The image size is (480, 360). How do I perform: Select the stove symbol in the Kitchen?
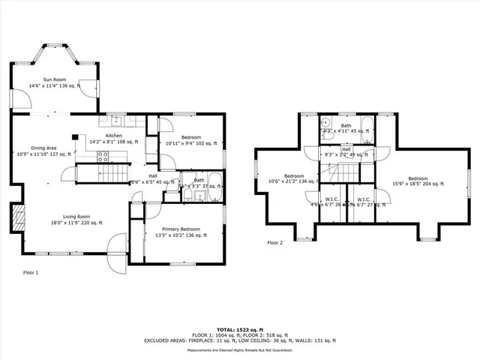(103, 157)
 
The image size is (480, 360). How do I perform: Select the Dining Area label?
(43, 148)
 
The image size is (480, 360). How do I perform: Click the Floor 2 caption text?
(275, 242)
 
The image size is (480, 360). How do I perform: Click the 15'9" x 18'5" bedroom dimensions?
(418, 183)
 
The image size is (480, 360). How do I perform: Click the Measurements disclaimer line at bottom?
(239, 350)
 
